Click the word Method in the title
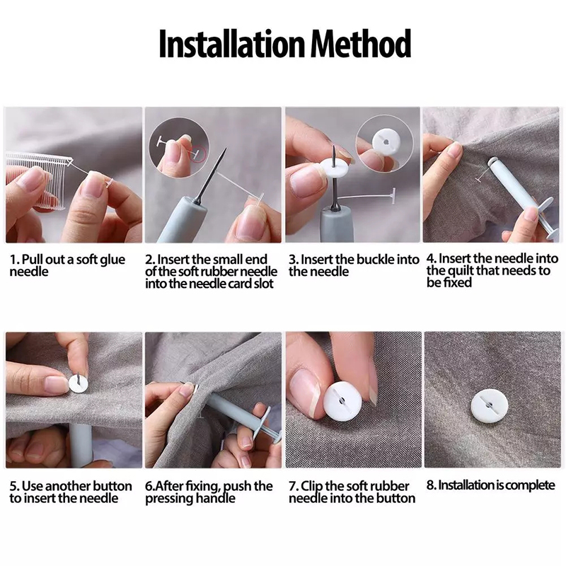[361, 43]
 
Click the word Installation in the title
[232, 43]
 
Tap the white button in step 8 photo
[489, 405]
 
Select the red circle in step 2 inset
[198, 154]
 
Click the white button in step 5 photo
[78, 383]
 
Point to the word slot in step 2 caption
[262, 284]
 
